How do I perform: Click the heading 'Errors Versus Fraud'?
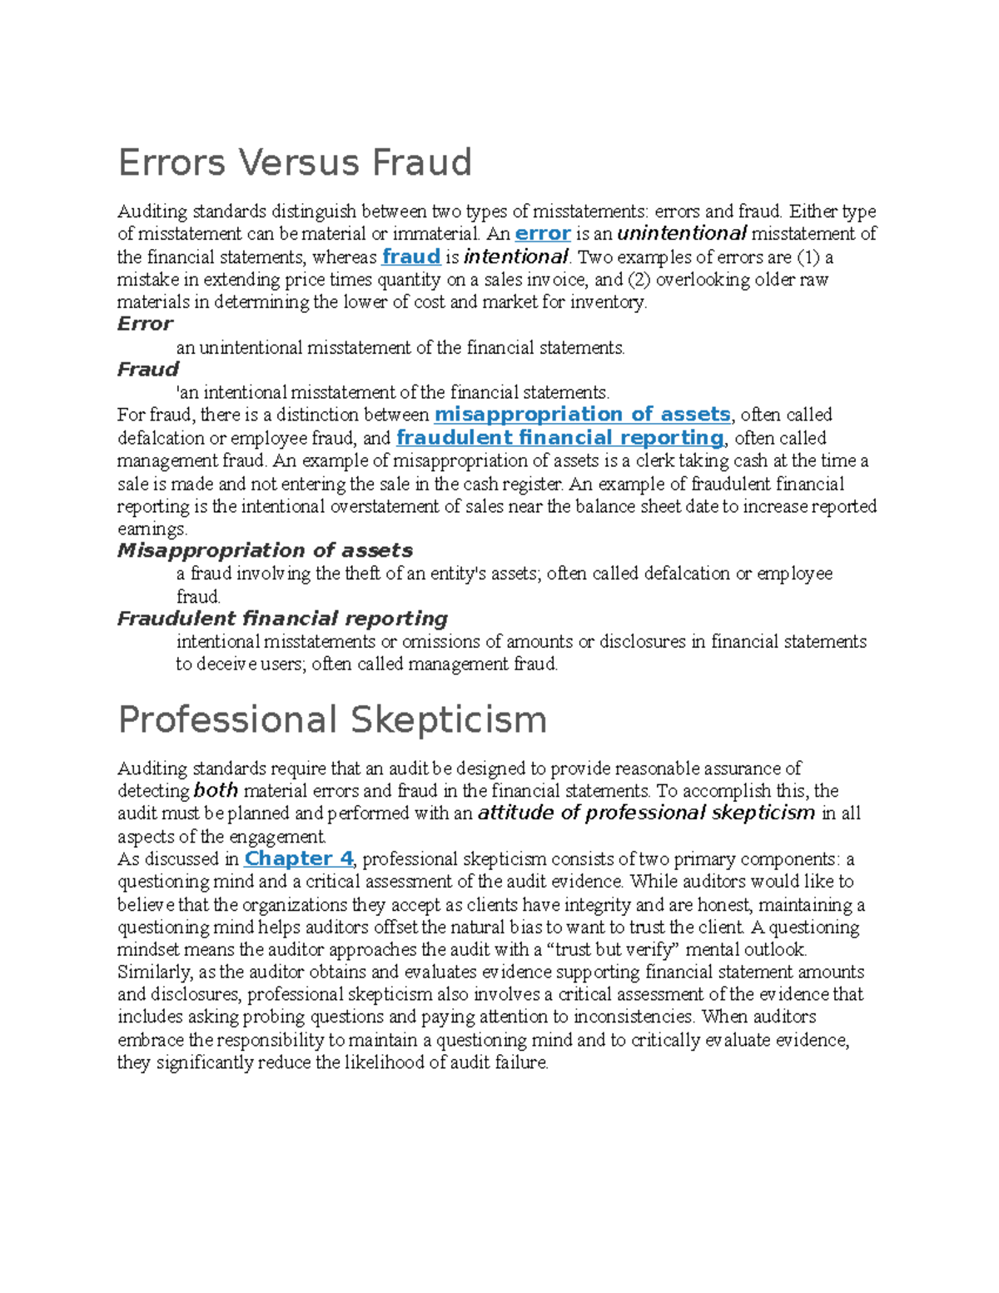(295, 162)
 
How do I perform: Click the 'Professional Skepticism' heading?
(332, 720)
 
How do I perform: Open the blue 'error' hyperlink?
(543, 234)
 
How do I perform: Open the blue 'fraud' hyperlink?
(410, 256)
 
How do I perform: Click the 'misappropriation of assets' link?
(582, 415)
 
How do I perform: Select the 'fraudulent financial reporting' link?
(560, 438)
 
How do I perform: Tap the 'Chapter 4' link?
(299, 858)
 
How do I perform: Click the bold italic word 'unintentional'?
(682, 234)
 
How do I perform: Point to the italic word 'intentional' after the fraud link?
(516, 256)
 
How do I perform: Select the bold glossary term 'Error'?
(145, 324)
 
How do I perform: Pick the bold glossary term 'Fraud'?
(147, 370)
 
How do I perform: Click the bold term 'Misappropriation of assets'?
(265, 550)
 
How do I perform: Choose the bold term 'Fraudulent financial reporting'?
(282, 619)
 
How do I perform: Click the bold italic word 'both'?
(216, 791)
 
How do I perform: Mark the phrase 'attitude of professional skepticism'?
(646, 813)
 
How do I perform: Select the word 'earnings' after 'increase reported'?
(152, 530)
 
